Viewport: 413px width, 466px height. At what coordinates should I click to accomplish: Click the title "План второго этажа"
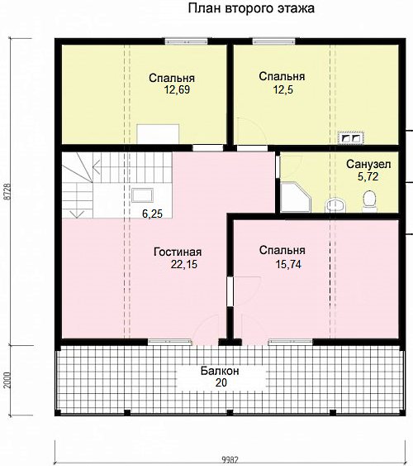click(251, 8)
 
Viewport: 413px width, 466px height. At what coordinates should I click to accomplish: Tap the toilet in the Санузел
click(369, 201)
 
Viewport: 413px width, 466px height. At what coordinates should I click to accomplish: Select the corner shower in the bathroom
click(296, 197)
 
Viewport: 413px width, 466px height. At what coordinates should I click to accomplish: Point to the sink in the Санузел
click(335, 205)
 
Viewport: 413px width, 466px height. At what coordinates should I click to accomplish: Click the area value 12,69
click(177, 89)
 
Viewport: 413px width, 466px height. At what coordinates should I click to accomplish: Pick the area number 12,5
click(282, 89)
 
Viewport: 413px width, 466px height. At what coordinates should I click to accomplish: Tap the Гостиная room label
click(178, 252)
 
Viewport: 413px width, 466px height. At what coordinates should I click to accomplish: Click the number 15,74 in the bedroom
click(288, 264)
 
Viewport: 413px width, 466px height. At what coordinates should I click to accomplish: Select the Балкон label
click(220, 371)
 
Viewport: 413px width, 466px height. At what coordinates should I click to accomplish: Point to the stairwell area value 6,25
click(152, 214)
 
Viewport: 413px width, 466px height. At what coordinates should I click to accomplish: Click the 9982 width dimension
click(230, 460)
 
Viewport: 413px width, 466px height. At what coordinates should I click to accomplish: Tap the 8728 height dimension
click(7, 191)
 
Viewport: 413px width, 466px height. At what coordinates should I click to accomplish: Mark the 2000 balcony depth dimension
click(7, 380)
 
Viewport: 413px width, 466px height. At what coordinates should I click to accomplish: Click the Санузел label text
click(368, 164)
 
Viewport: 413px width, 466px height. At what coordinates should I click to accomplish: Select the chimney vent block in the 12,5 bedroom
click(351, 137)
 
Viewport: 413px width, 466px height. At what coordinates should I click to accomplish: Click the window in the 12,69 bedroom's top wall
click(186, 41)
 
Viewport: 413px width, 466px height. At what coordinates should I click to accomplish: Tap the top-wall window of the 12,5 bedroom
click(274, 41)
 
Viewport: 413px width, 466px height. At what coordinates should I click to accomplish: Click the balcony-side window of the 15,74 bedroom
click(291, 342)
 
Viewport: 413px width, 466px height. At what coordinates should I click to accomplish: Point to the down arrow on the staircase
click(77, 214)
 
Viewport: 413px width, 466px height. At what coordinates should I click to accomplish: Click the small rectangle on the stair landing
click(142, 195)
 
